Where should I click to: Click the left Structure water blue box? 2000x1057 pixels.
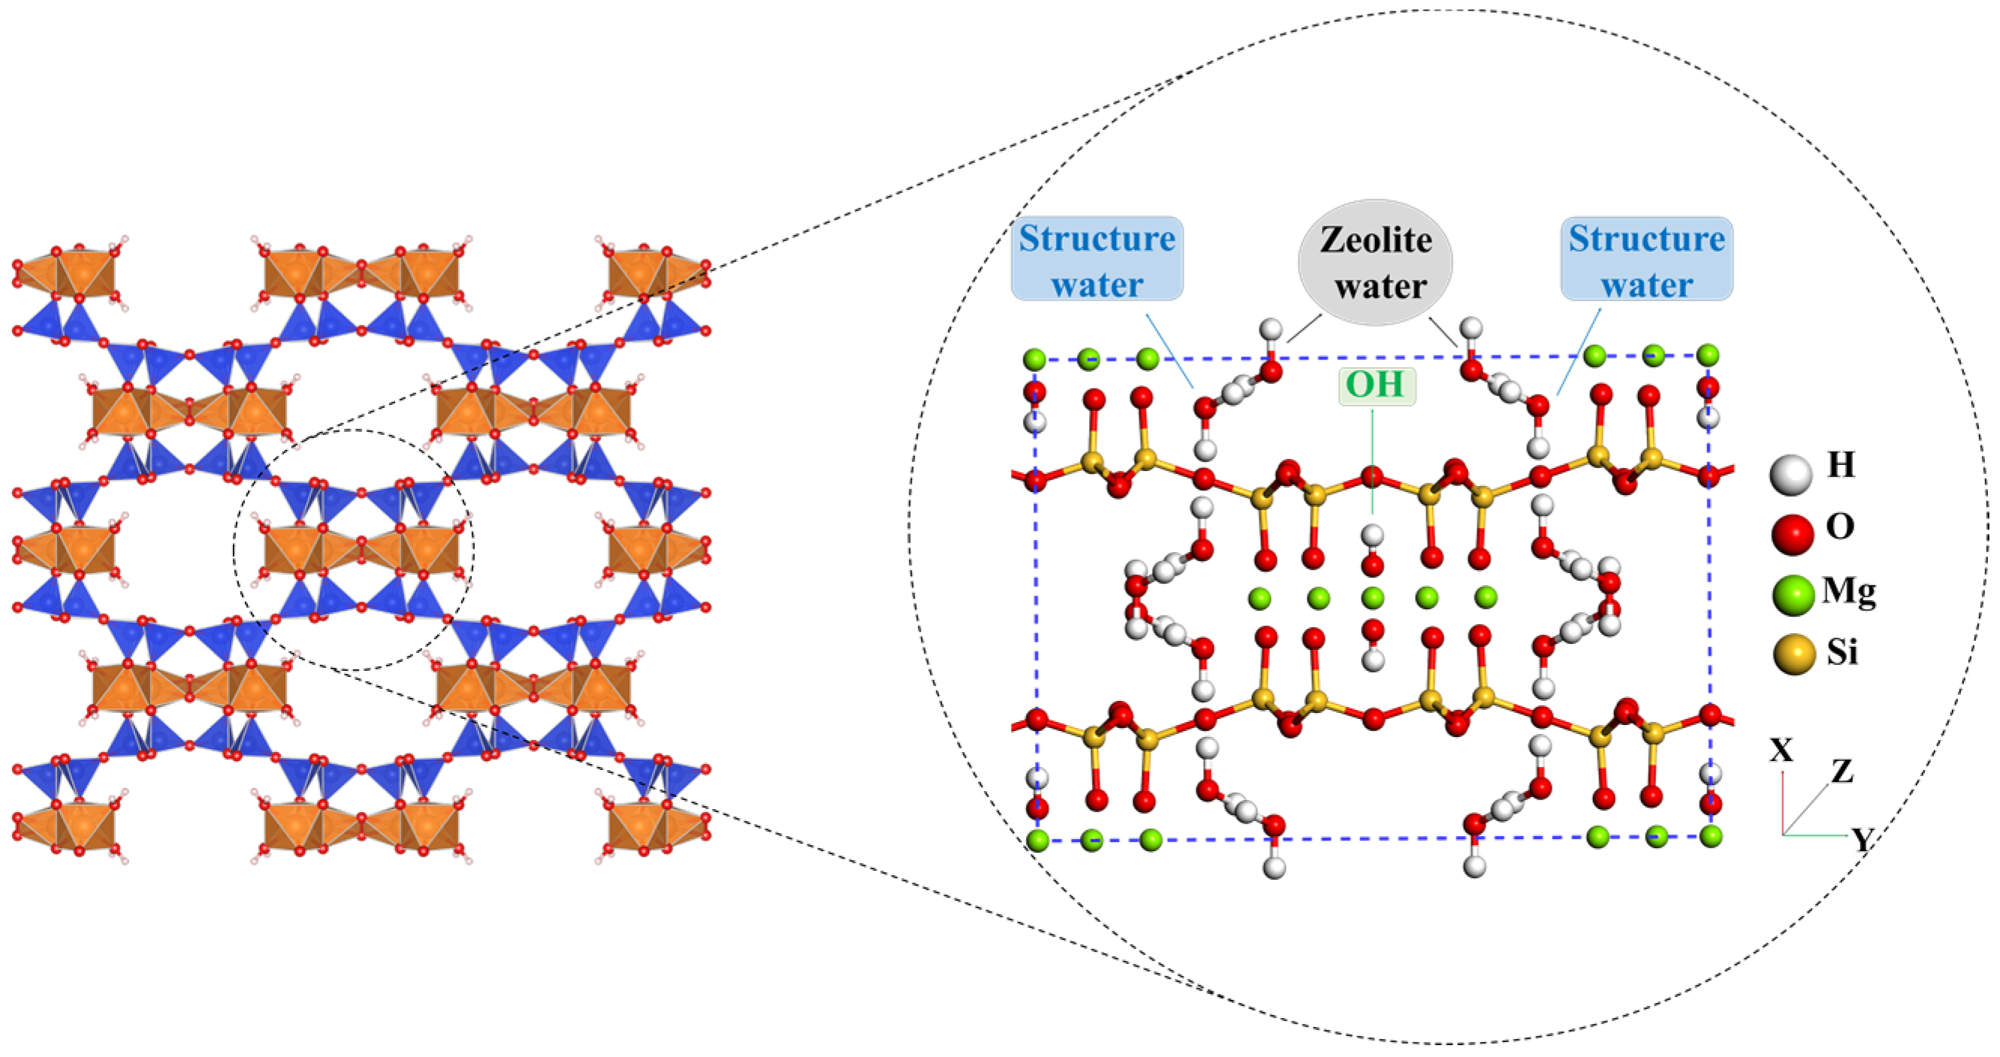tap(1097, 259)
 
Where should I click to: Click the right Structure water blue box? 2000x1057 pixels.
tap(1646, 259)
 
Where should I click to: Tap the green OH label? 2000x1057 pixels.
tap(1375, 386)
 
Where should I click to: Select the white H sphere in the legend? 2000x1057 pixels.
tap(1790, 475)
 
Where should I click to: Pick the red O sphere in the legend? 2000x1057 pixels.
tap(1792, 534)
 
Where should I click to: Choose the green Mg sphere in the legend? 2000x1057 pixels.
tap(1792, 596)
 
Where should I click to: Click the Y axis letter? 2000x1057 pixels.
tap(1862, 840)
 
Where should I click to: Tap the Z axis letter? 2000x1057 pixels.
tap(1842, 772)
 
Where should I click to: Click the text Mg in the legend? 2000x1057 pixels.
tap(1848, 592)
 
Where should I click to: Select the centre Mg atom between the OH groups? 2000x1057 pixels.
tap(1372, 598)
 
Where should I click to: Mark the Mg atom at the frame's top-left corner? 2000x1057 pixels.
tap(1034, 360)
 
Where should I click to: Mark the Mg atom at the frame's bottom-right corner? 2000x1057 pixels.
tap(1710, 836)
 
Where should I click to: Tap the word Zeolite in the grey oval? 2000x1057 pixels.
tap(1375, 240)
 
